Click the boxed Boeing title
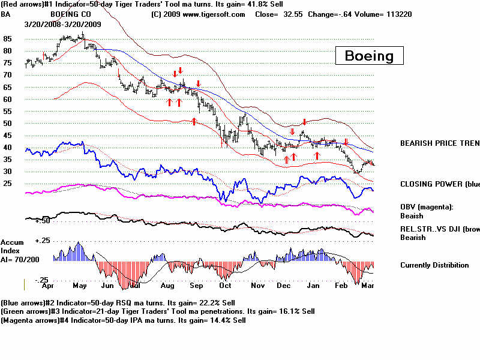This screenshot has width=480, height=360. click(x=369, y=56)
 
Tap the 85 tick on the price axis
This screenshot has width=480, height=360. click(x=8, y=39)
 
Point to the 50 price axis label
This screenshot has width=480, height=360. click(x=8, y=124)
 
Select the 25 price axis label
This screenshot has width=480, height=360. click(x=8, y=184)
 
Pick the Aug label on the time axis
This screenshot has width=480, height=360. click(x=167, y=286)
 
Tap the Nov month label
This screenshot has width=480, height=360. click(x=259, y=286)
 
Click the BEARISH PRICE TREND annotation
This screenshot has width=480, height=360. click(x=440, y=143)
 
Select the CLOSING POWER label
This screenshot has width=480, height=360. click(x=440, y=184)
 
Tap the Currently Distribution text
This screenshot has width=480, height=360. click(x=435, y=265)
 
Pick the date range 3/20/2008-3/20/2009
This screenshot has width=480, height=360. click(x=62, y=24)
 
